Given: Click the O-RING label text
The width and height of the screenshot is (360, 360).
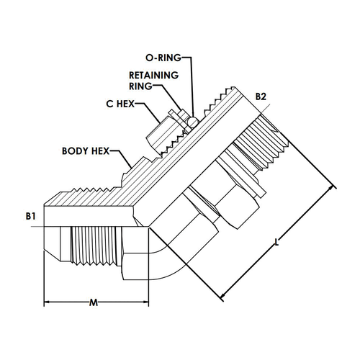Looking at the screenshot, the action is coord(163,58).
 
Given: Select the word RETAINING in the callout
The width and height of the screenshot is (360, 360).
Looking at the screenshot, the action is coord(154,76).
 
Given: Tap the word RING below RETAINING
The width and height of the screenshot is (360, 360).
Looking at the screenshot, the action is coord(140,86).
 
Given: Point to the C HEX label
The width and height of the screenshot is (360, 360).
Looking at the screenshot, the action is coord(120,104).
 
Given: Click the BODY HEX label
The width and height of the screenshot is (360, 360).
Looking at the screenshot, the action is coord(86,151).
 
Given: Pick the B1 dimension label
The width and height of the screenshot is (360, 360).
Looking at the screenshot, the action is coord(30,216).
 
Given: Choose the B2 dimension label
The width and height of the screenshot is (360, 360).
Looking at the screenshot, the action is coord(261,96).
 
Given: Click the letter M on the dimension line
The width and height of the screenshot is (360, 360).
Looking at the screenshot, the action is coord(94,302).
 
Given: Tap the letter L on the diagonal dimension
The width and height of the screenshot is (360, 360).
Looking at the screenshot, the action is coord(276,242).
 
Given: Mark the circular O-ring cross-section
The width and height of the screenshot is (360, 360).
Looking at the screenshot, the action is coord(192,122).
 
